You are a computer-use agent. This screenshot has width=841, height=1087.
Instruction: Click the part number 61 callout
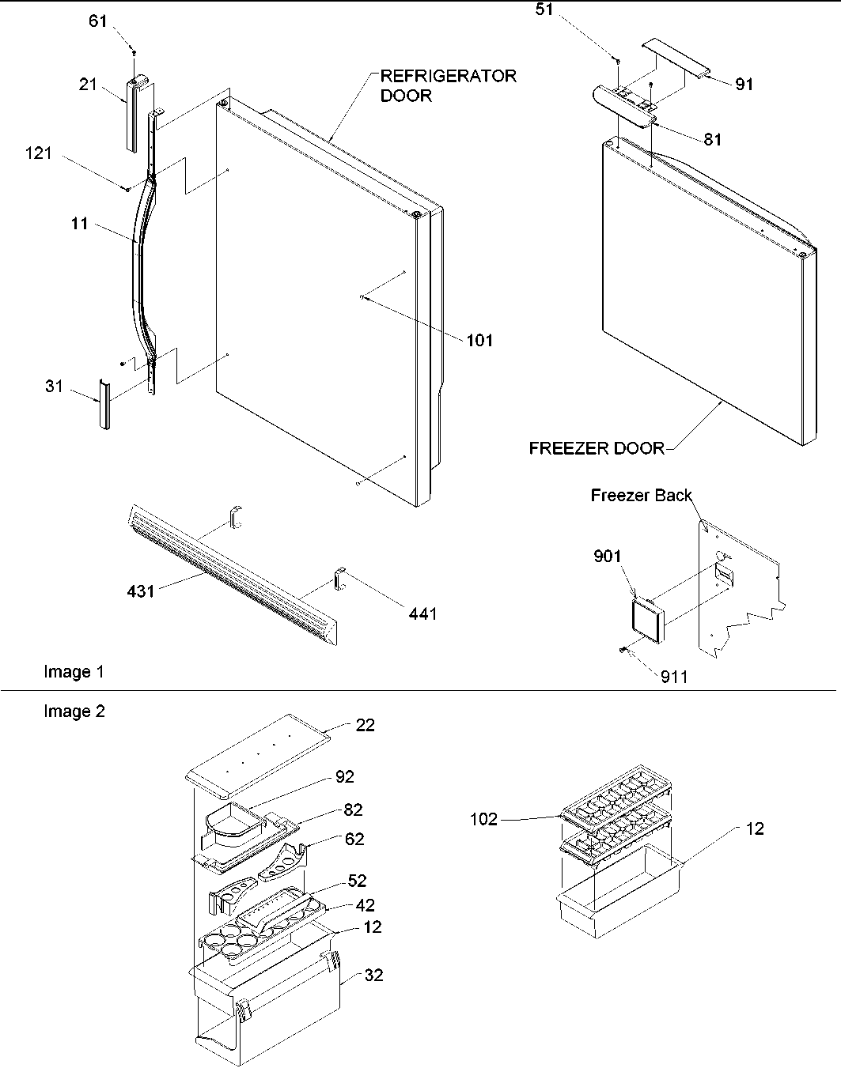pos(97,21)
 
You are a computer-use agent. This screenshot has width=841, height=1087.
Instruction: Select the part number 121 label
pos(38,153)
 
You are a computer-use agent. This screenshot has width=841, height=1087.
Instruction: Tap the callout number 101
pos(479,340)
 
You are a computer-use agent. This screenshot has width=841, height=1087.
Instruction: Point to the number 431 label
pos(141,590)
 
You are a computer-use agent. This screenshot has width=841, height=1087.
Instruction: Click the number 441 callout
pos(422,613)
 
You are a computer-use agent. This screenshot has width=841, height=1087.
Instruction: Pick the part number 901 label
pos(608,557)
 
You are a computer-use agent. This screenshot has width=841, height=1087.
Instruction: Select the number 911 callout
pos(674,676)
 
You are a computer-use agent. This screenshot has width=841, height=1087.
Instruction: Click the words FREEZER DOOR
pos(597,449)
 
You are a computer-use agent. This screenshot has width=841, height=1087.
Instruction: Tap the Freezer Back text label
pos(641,496)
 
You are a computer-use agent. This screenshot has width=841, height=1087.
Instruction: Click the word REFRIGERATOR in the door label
pos(449,76)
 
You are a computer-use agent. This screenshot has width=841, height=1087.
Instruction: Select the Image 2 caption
pos(74,711)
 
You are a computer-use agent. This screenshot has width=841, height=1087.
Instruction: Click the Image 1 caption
pos(74,672)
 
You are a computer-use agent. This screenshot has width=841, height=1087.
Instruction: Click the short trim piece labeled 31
pos(103,404)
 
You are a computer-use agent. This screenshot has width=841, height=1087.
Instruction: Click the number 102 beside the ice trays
pos(483,819)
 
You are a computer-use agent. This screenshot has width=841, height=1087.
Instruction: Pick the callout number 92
pos(344,777)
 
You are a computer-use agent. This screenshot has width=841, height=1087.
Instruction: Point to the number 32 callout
pos(373,976)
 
